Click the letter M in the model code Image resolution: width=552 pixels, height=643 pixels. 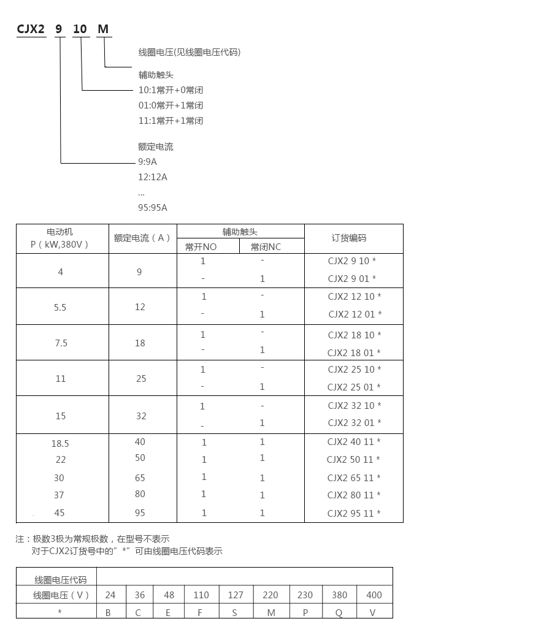pos(103,29)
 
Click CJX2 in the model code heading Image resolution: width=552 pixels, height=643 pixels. pos(31,29)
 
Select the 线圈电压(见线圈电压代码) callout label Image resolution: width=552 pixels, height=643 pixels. pos(190,52)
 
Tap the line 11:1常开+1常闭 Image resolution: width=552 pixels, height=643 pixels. pos(171,121)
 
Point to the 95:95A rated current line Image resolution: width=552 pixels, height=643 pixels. pos(153,207)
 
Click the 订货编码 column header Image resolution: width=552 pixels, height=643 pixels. pos(349,238)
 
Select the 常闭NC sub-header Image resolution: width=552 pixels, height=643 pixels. pos(266,246)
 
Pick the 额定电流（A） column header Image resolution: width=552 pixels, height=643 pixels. pos(142,238)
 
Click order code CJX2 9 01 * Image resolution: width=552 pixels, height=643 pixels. pos(352,278)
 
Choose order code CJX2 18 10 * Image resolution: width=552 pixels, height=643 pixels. pos(355,335)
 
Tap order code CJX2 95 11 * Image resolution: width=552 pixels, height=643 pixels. pos(354,514)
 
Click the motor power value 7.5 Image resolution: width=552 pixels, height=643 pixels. pos(61,343)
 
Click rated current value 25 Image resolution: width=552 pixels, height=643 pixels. pos(141,379)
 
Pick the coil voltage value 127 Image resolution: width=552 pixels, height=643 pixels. pos(236,595)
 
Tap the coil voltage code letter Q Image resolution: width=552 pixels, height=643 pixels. pos(339,612)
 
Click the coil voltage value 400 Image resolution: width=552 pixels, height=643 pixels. pos(374,595)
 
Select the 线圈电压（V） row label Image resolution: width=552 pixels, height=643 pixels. pos(61,595)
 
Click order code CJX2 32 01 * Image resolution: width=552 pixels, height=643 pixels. pos(355,422)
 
